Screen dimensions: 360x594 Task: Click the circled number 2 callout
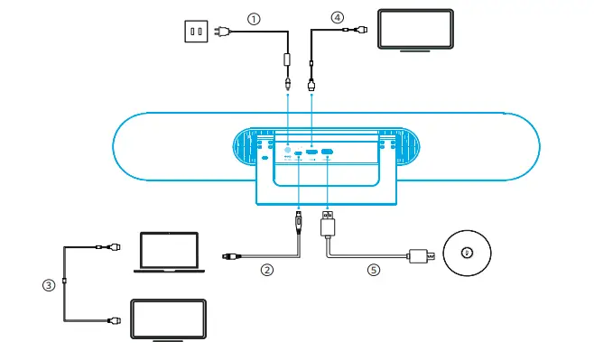coord(266,268)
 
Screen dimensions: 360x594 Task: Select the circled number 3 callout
coord(49,285)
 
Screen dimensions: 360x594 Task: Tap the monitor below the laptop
coord(169,319)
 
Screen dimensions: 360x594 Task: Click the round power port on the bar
coord(288,152)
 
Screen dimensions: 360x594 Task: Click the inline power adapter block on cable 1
coord(288,61)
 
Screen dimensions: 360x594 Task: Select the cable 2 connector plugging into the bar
coord(299,220)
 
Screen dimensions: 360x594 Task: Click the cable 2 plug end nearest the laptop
coord(230,259)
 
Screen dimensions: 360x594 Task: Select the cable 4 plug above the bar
coord(311,85)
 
